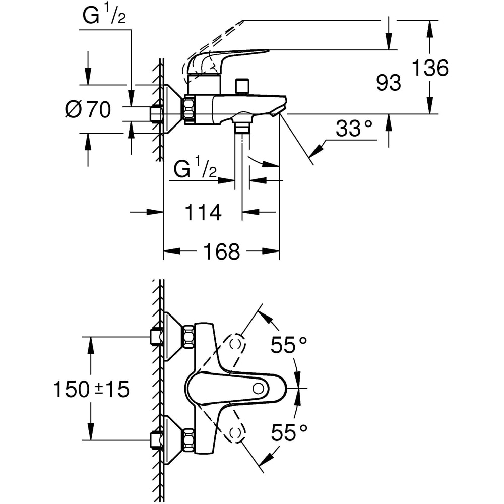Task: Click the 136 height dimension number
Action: (x=429, y=68)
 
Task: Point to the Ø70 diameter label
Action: (x=88, y=109)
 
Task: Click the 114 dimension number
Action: (x=203, y=213)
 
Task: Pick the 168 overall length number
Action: (x=222, y=251)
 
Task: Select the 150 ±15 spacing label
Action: (x=91, y=389)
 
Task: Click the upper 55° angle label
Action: (x=289, y=345)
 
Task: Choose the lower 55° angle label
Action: (x=289, y=432)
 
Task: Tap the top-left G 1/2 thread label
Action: (x=104, y=17)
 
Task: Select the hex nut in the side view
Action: (x=190, y=109)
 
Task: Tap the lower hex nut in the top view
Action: (x=189, y=439)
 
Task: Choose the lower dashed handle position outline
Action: (x=235, y=432)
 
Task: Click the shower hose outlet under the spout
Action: (x=242, y=126)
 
